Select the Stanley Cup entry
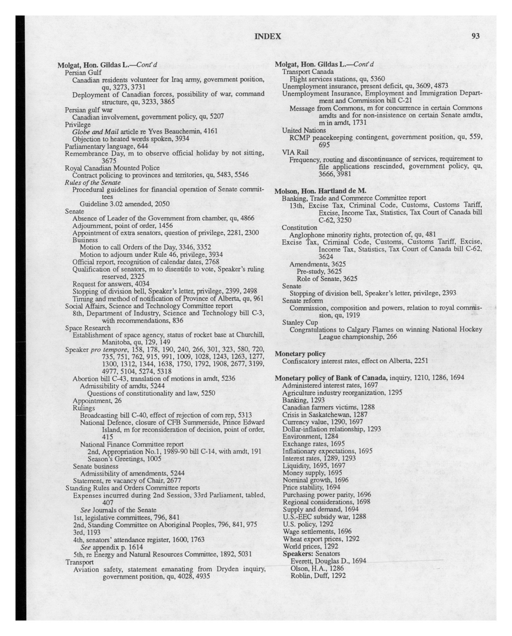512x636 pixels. tap(300, 322)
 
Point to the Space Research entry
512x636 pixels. tap(88, 328)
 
